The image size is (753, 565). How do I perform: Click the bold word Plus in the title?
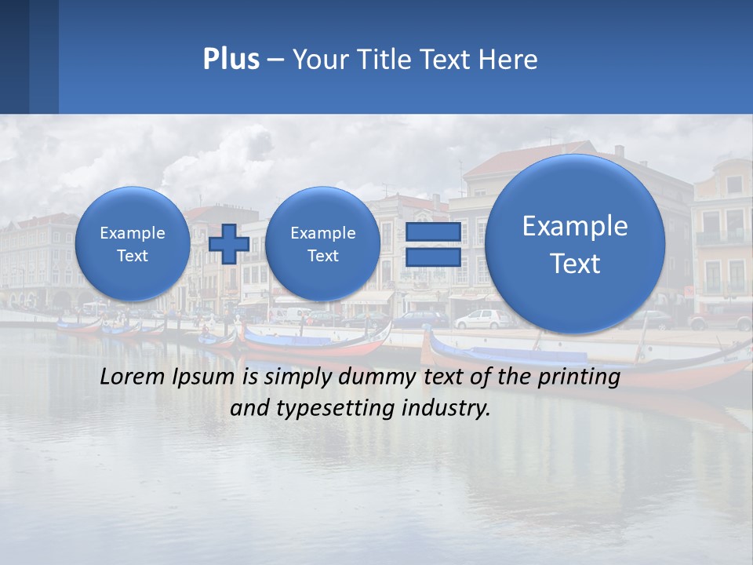[x=231, y=60]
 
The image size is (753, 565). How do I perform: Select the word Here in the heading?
[x=507, y=60]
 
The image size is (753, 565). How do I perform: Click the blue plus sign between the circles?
[x=229, y=244]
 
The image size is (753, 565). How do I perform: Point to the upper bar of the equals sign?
[x=432, y=233]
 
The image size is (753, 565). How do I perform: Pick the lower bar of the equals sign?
[x=432, y=257]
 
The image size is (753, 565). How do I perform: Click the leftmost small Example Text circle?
[x=132, y=244]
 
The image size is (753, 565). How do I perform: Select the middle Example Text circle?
[x=322, y=244]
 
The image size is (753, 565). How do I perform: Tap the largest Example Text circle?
[x=575, y=244]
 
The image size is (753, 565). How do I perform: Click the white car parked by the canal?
[x=482, y=319]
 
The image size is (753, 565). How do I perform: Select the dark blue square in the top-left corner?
[x=29, y=56]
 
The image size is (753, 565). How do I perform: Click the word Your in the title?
[x=320, y=60]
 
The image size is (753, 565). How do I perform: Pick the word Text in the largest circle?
[x=575, y=264]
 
